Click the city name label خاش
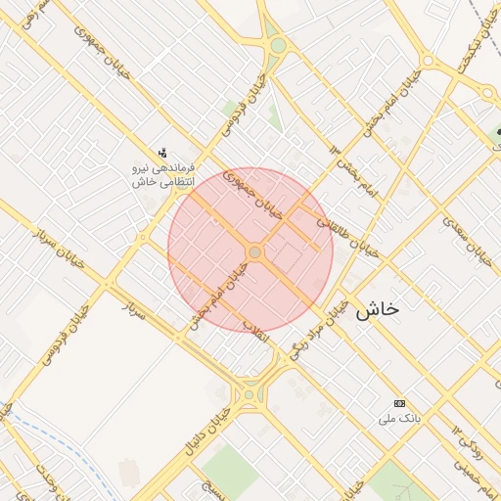378,309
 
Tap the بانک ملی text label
399,419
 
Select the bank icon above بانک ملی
399,403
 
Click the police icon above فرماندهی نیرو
162,152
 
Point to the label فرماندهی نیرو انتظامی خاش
163,174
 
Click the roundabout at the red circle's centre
254,252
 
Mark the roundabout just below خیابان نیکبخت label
487,93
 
